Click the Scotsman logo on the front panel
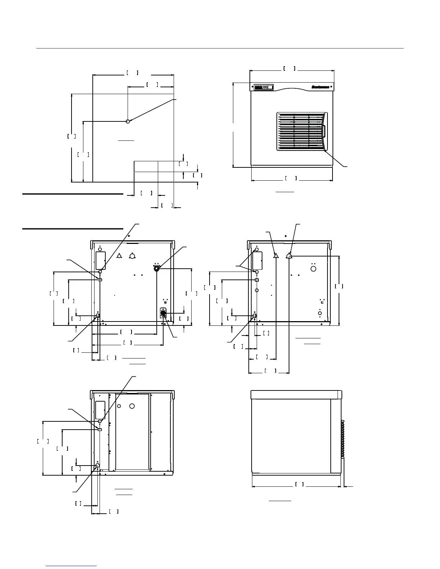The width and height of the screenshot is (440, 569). click(x=320, y=87)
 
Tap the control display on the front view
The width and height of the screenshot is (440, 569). click(x=263, y=87)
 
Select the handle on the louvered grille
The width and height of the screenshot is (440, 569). click(x=324, y=131)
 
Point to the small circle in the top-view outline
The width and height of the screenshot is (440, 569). click(x=128, y=121)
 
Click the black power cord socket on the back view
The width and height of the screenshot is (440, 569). click(x=163, y=314)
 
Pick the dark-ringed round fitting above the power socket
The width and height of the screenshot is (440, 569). click(x=157, y=268)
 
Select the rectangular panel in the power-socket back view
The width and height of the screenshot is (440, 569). click(x=100, y=260)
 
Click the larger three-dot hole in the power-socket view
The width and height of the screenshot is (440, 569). click(x=132, y=256)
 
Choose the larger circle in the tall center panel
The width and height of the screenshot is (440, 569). click(x=132, y=406)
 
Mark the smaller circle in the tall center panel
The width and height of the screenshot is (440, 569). click(x=121, y=406)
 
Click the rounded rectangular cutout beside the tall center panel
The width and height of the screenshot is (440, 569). click(x=100, y=410)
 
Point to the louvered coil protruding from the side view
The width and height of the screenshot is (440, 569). click(x=343, y=438)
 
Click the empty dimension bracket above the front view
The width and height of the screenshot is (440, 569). click(x=289, y=68)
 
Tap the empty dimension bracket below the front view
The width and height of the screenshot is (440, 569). click(x=291, y=178)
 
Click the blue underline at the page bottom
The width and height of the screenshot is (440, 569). click(x=72, y=566)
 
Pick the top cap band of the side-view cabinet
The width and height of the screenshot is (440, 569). click(x=296, y=394)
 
